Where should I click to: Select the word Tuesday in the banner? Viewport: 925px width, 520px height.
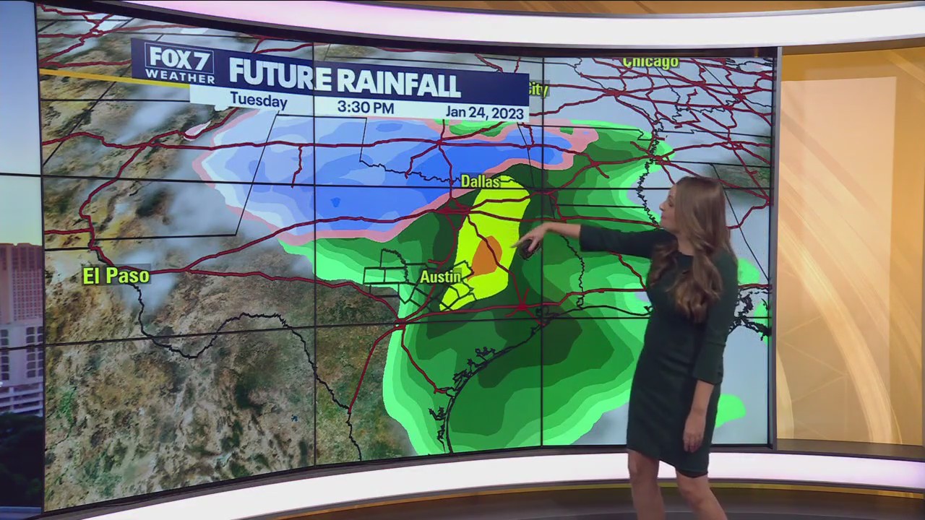(258, 101)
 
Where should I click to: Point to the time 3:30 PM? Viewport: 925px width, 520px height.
(365, 108)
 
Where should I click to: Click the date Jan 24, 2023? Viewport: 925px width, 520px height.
(485, 112)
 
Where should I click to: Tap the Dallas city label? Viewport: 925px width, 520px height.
(481, 181)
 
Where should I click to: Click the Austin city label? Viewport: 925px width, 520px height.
(440, 276)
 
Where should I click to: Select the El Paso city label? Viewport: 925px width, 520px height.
(116, 275)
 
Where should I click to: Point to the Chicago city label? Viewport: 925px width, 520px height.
(650, 62)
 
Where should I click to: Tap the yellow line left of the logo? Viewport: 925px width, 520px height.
(87, 74)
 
